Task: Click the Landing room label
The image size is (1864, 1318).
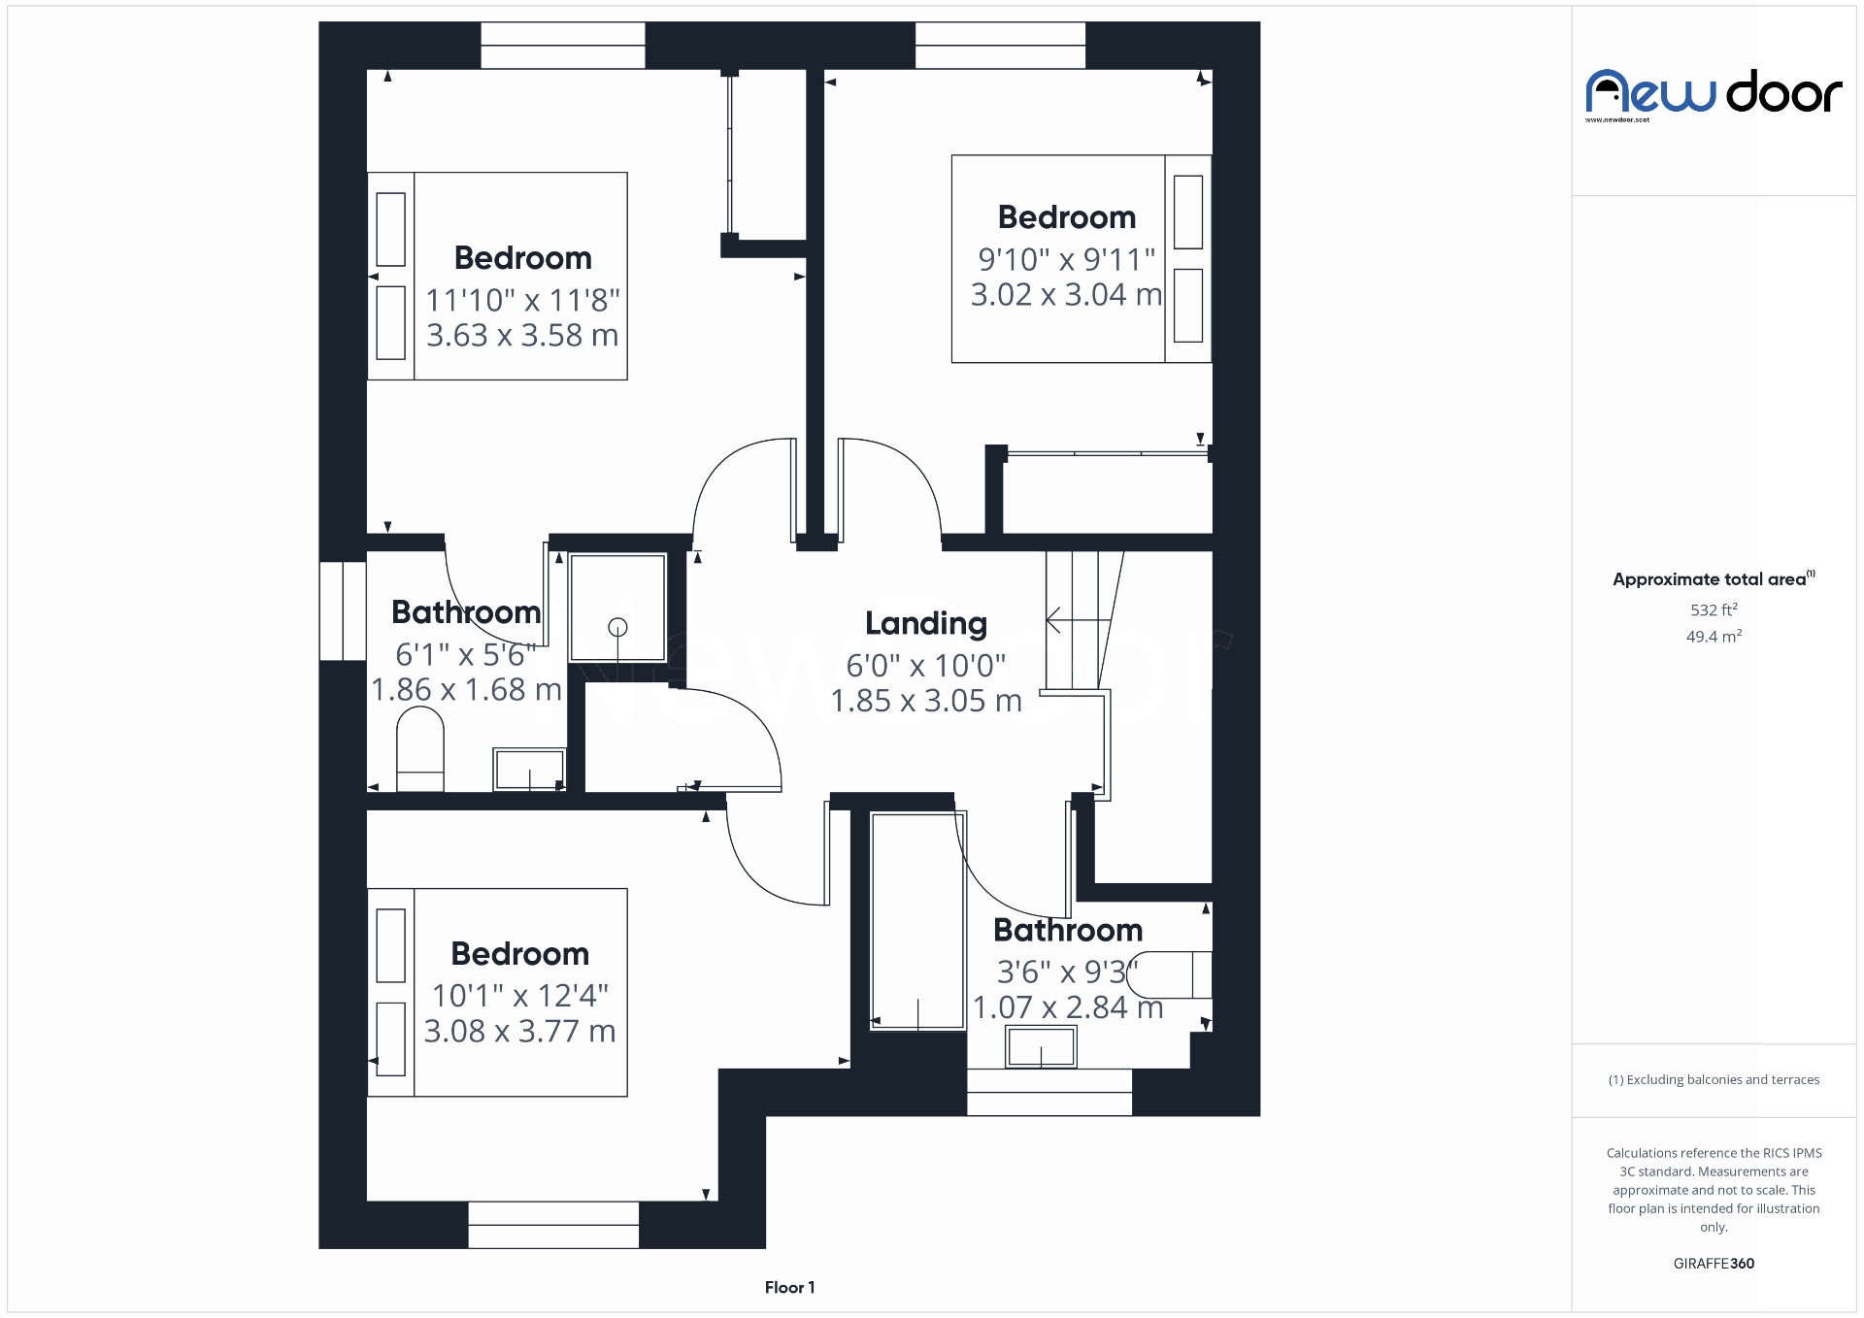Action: (x=925, y=624)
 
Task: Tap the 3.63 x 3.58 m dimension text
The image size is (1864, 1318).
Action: (x=522, y=336)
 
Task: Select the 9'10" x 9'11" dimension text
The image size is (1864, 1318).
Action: (x=1066, y=260)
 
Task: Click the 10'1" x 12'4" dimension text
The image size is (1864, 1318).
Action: (x=519, y=996)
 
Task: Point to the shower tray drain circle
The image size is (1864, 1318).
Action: (x=617, y=627)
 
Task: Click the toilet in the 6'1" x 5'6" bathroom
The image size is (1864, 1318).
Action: (x=419, y=748)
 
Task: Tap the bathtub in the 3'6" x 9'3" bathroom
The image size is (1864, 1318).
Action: (x=916, y=920)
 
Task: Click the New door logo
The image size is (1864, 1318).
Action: (x=1714, y=94)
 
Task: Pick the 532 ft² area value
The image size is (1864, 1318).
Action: (x=1714, y=610)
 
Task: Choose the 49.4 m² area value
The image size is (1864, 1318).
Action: (x=1714, y=637)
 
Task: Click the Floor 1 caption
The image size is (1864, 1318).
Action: (x=789, y=1288)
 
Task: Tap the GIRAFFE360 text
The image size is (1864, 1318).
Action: (x=1714, y=1264)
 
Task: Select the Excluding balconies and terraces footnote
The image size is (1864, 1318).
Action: (x=1714, y=1080)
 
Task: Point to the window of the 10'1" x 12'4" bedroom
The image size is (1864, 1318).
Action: (x=553, y=1225)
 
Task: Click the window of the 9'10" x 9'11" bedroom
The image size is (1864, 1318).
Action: (x=1000, y=46)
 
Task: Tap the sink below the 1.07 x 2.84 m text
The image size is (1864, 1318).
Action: (x=1041, y=1048)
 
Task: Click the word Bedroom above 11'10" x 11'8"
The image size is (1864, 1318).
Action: (x=522, y=258)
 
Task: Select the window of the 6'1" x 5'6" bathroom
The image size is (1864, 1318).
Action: (x=342, y=610)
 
